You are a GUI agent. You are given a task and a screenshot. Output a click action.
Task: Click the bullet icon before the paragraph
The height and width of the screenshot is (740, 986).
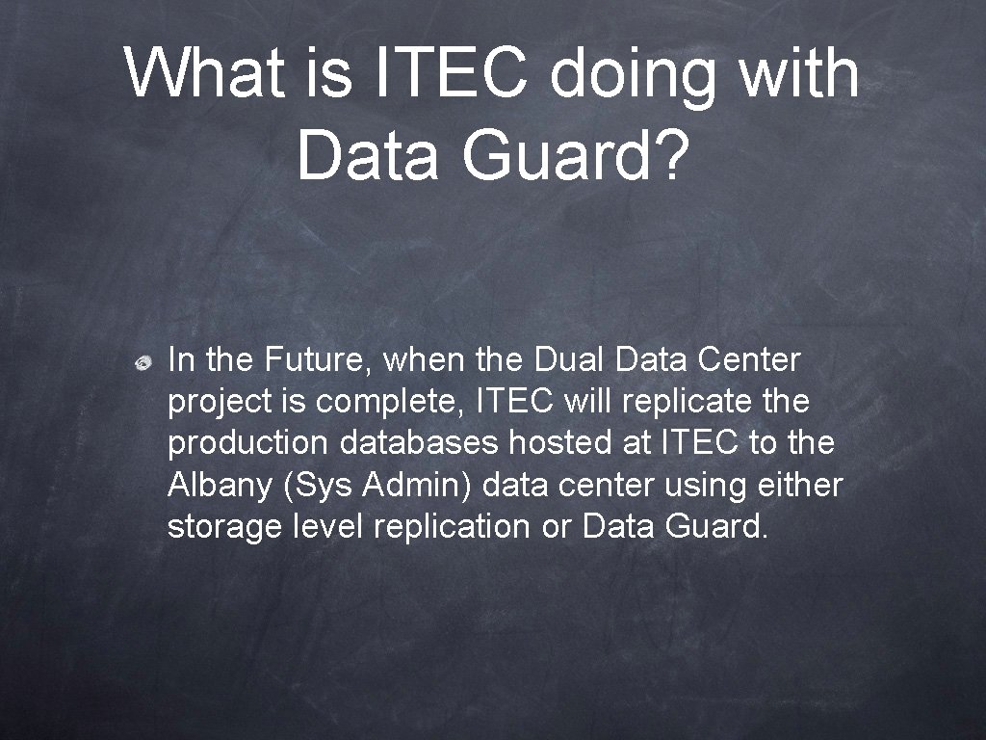click(x=142, y=362)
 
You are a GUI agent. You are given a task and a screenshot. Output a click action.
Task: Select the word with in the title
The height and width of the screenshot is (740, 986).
click(x=798, y=73)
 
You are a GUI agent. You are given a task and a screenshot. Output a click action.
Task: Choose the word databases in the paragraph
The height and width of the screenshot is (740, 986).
click(x=418, y=444)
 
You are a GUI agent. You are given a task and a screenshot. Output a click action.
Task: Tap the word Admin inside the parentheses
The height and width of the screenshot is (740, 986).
click(x=418, y=486)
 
